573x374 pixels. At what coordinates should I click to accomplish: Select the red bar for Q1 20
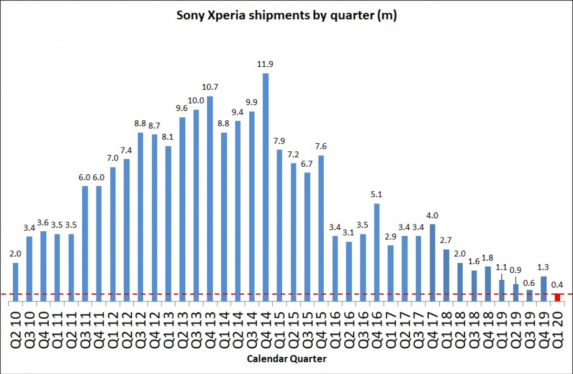tap(557, 298)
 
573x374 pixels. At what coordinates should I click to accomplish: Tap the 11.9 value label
tap(265, 64)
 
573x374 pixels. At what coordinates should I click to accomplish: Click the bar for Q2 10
tap(15, 282)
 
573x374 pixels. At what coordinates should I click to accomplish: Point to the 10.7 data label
tap(210, 87)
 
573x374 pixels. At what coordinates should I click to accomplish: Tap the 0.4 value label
tap(557, 285)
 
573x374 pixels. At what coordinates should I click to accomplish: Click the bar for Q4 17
tap(433, 262)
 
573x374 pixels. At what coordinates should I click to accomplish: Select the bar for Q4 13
tap(210, 199)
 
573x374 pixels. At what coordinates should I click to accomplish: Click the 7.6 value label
tap(321, 146)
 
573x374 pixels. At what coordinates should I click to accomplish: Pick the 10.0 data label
tap(196, 100)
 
